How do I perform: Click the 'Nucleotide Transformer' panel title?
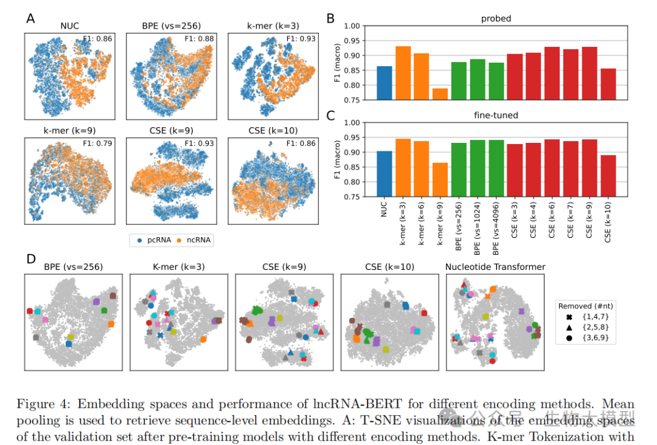click(x=495, y=266)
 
